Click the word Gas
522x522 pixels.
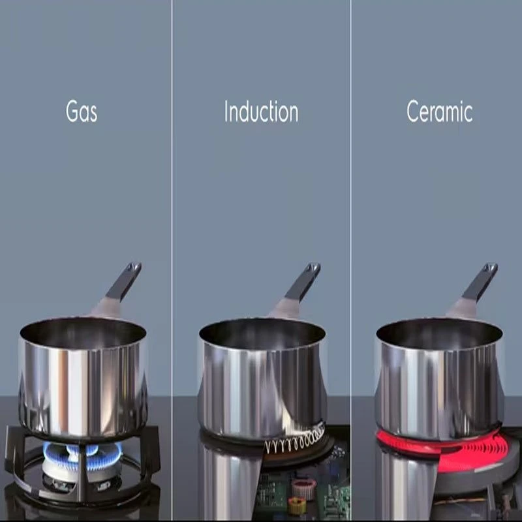pyautogui.click(x=82, y=111)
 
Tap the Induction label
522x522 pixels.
pyautogui.click(x=262, y=111)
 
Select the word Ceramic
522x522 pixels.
pyautogui.click(x=439, y=111)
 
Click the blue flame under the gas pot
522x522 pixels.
pyautogui.click(x=82, y=455)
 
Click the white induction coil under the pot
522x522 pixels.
pyautogui.click(x=295, y=440)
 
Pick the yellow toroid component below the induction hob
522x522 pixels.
pyautogui.click(x=297, y=506)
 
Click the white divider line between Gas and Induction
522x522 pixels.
pyautogui.click(x=172, y=261)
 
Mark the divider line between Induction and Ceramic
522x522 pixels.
pyautogui.click(x=350, y=261)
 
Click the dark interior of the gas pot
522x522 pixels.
pyautogui.click(x=83, y=332)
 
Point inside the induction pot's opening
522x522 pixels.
pyautogui.click(x=262, y=333)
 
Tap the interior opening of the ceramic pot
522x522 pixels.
pyautogui.click(x=439, y=333)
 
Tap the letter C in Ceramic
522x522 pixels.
pyautogui.click(x=413, y=111)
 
